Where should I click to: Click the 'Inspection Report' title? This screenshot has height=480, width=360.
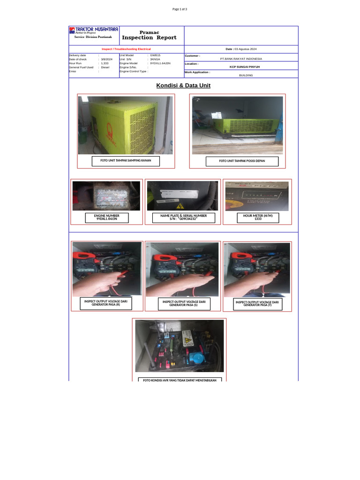149,37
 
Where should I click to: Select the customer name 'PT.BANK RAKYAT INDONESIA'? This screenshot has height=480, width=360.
241,59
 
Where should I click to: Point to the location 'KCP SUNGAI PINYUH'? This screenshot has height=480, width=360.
241,67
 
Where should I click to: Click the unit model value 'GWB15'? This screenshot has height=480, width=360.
155,55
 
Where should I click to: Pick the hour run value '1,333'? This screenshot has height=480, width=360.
105,63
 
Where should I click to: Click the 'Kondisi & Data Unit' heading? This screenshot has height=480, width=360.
183,85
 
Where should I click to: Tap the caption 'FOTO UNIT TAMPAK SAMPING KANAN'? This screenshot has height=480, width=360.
125,161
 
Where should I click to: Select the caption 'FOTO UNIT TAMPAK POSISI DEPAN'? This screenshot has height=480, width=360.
242,161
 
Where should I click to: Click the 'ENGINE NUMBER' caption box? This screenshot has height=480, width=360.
106,217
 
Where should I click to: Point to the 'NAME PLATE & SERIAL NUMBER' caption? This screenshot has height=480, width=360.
184,217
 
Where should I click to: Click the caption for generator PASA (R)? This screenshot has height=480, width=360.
105,303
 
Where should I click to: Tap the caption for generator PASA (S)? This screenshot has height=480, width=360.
184,303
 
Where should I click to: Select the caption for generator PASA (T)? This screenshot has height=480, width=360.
257,304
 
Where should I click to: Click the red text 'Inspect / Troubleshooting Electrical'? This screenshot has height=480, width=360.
126,49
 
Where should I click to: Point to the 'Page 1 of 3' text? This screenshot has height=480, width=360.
180,9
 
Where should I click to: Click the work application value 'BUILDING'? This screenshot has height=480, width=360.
246,75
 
